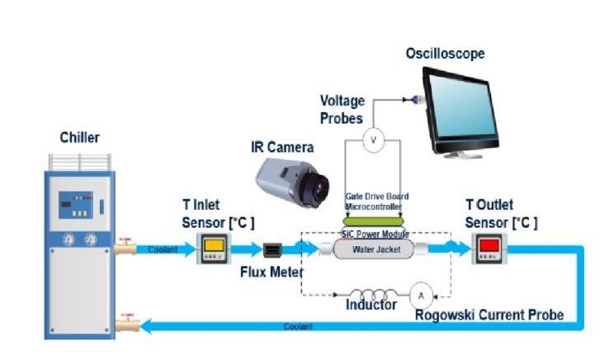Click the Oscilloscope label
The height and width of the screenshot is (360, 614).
tap(445, 54)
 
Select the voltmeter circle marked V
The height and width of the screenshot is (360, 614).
tap(373, 140)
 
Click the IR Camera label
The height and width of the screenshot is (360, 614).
tap(282, 148)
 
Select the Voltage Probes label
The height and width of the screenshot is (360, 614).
tap(342, 109)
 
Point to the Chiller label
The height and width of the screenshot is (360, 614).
tap(79, 137)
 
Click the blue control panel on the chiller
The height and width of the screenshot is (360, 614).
tap(79, 206)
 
